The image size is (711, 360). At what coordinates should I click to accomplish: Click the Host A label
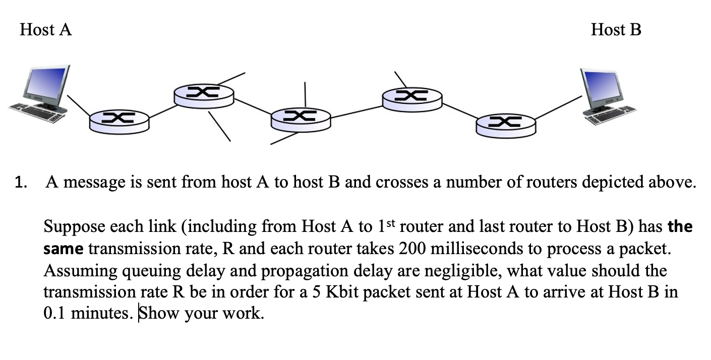point(46,30)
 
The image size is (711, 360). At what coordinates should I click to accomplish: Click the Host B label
point(616,30)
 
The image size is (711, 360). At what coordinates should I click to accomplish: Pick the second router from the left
point(203,94)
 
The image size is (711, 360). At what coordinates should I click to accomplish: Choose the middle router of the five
point(301,118)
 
